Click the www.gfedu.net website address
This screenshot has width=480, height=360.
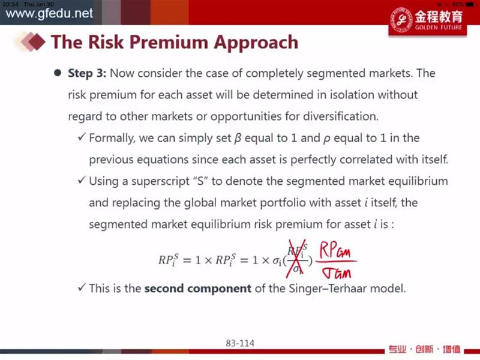(49, 13)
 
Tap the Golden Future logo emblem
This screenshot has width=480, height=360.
(401, 19)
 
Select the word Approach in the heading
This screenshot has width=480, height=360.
(256, 43)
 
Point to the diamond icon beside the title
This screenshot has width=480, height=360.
(33, 41)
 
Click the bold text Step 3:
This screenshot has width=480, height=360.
(87, 73)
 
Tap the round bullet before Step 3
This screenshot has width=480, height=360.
(57, 73)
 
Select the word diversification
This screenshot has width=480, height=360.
(341, 116)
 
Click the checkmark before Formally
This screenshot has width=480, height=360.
(82, 137)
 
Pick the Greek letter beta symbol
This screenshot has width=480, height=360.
(238, 139)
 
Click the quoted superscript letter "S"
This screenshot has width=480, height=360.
(200, 181)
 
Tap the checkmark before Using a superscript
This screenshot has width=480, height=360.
(82, 179)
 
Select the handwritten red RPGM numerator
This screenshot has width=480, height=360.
(335, 250)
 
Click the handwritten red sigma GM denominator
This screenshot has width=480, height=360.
(337, 272)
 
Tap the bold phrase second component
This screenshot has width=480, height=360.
(198, 289)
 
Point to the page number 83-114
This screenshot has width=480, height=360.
(240, 343)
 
